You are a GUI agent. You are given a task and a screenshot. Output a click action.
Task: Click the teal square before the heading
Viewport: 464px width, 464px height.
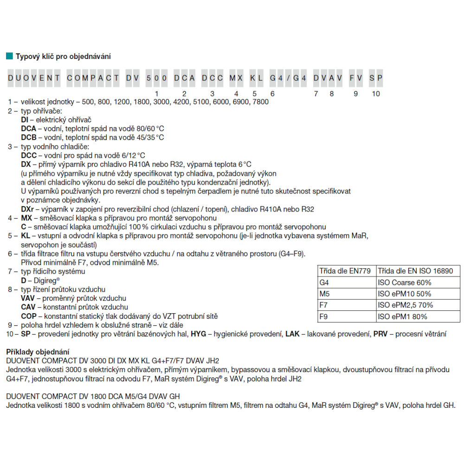click(x=9, y=56)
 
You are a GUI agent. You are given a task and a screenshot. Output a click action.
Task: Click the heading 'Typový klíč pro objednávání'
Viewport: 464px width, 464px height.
click(x=63, y=57)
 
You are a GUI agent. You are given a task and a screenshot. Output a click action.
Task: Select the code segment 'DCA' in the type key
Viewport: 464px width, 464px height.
click(x=184, y=78)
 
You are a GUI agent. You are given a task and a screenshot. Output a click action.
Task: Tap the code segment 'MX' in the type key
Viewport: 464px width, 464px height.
click(x=236, y=78)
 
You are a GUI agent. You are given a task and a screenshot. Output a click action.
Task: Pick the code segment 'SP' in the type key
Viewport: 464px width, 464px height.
click(x=376, y=78)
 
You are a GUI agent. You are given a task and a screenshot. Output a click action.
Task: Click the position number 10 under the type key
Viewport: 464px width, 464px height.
click(x=376, y=94)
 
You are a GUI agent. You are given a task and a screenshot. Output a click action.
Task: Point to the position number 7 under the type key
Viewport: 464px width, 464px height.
click(x=316, y=94)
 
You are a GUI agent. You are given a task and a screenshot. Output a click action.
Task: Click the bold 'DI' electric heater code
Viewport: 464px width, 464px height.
click(x=25, y=120)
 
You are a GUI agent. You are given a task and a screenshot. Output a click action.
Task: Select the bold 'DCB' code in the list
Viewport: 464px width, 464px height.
click(x=28, y=137)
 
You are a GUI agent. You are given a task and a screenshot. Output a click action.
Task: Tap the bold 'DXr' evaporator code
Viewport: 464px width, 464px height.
click(x=27, y=209)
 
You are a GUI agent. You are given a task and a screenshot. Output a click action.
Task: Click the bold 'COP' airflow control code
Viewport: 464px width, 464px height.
click(x=28, y=316)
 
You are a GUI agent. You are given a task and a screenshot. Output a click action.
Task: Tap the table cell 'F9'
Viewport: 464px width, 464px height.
click(x=324, y=317)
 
